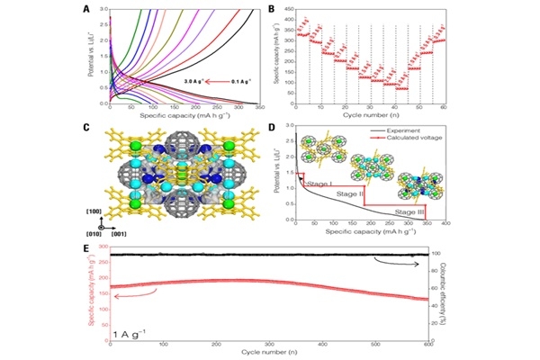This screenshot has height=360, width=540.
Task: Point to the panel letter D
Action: [285, 126]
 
